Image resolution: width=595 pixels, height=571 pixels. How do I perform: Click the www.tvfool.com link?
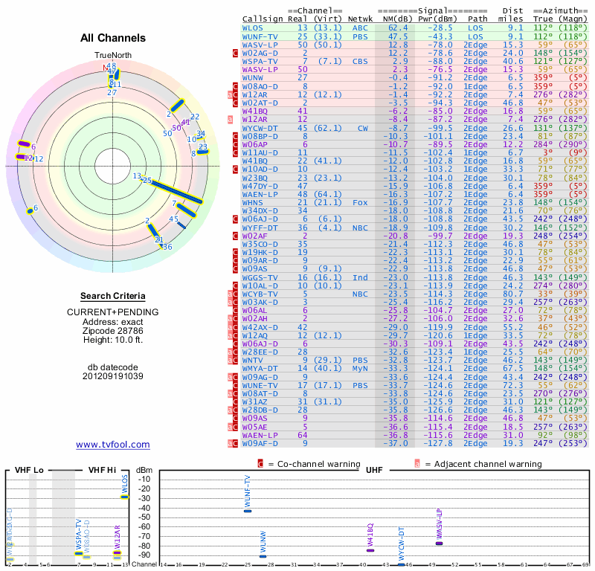(x=112, y=445)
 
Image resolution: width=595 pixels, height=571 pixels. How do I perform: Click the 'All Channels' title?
(x=112, y=38)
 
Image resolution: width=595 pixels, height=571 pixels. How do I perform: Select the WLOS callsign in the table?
(x=253, y=28)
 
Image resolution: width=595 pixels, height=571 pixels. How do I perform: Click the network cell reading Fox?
(x=360, y=201)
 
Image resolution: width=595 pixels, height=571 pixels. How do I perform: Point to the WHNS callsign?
(x=253, y=201)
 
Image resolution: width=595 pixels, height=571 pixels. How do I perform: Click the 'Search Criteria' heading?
(x=112, y=296)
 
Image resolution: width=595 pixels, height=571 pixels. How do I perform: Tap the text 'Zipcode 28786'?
(x=112, y=331)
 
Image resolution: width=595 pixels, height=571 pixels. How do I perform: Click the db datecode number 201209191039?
(x=112, y=376)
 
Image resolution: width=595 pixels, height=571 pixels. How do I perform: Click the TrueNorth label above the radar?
(x=112, y=56)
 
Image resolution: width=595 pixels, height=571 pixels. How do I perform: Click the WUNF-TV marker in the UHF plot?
(x=248, y=511)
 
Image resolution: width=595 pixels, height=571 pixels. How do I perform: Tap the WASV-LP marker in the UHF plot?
(x=439, y=543)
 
